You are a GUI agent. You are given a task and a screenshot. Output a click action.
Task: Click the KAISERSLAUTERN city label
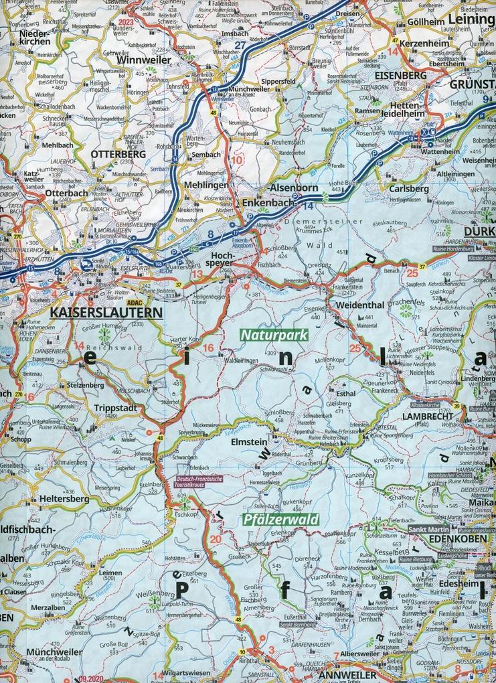click(x=107, y=312)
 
